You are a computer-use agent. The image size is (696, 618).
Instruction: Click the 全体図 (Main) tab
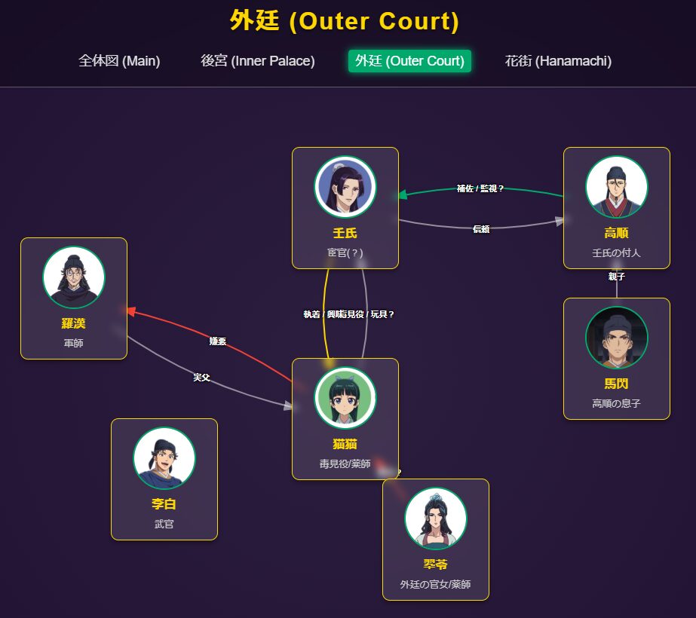coord(119,61)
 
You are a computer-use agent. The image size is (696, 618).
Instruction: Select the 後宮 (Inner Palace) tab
coord(258,61)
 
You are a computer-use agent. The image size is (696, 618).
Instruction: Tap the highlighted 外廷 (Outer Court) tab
coord(409,61)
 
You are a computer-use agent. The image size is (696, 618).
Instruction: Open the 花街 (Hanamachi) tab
coord(558,61)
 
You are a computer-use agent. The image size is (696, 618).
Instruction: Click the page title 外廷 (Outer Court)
coord(345,21)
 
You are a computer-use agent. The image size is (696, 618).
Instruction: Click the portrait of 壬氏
coord(345,187)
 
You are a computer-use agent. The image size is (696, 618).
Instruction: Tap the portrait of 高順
coord(617,187)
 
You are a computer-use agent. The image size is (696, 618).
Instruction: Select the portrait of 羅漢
coord(74,277)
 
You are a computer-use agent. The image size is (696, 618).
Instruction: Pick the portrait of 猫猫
coord(345,398)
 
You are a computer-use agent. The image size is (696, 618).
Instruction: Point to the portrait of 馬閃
coord(617,338)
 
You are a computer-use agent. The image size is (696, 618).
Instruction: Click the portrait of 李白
coord(164,458)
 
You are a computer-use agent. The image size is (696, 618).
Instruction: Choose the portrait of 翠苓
coord(436,519)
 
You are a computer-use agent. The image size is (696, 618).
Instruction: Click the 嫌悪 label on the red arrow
coord(218,341)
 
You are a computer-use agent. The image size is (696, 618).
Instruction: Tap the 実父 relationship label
coord(201,377)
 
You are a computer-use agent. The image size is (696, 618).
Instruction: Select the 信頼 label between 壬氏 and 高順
coord(481,229)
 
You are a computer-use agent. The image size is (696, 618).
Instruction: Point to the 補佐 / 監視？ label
coord(480,188)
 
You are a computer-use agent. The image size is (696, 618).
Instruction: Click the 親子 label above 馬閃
coord(617,277)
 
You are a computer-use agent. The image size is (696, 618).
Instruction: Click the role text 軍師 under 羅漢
coord(74,343)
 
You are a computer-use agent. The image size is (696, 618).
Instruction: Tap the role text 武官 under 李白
coord(164,524)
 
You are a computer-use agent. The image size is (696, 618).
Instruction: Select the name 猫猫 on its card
coord(345,444)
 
